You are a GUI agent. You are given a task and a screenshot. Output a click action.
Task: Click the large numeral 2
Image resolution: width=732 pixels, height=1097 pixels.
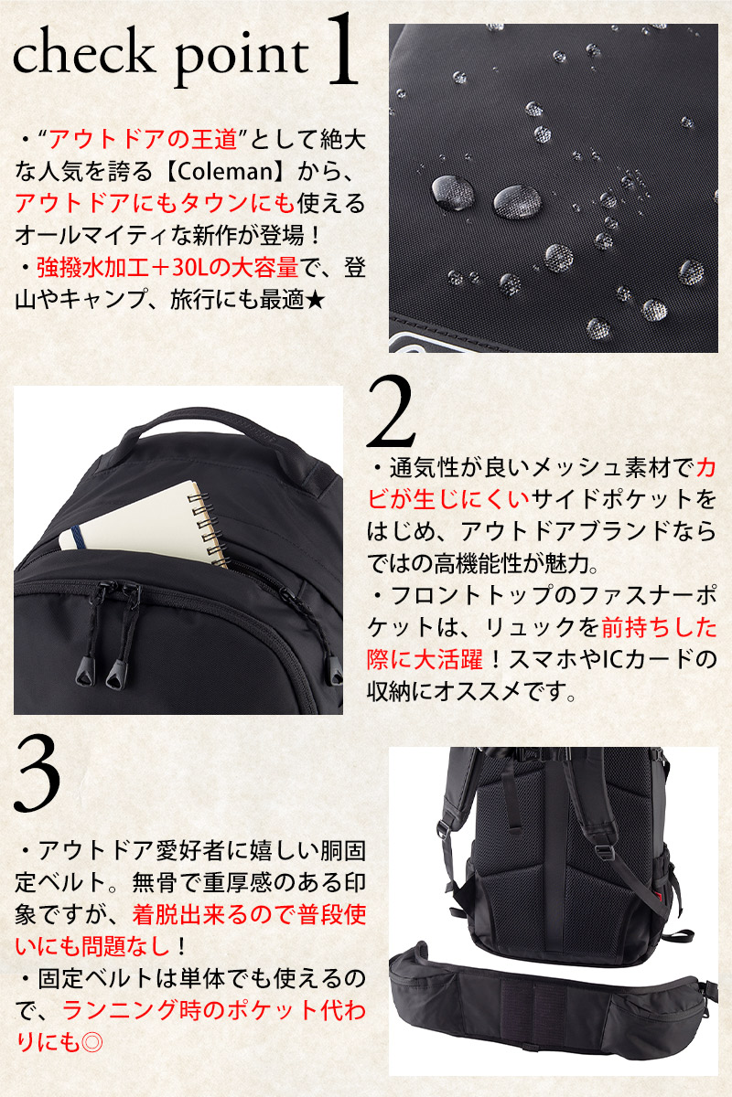[x=391, y=411]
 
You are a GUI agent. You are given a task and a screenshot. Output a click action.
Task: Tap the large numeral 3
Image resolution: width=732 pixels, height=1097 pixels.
[x=38, y=773]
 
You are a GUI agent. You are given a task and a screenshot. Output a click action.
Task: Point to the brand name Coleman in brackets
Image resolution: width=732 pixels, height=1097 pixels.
[x=223, y=172]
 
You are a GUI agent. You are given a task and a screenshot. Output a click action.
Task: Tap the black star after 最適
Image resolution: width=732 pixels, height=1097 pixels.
[x=314, y=299]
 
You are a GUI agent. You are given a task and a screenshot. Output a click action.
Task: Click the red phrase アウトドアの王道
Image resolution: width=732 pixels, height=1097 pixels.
[x=143, y=140]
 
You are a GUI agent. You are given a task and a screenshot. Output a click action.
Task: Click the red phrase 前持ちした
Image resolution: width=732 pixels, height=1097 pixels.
[x=659, y=627]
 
